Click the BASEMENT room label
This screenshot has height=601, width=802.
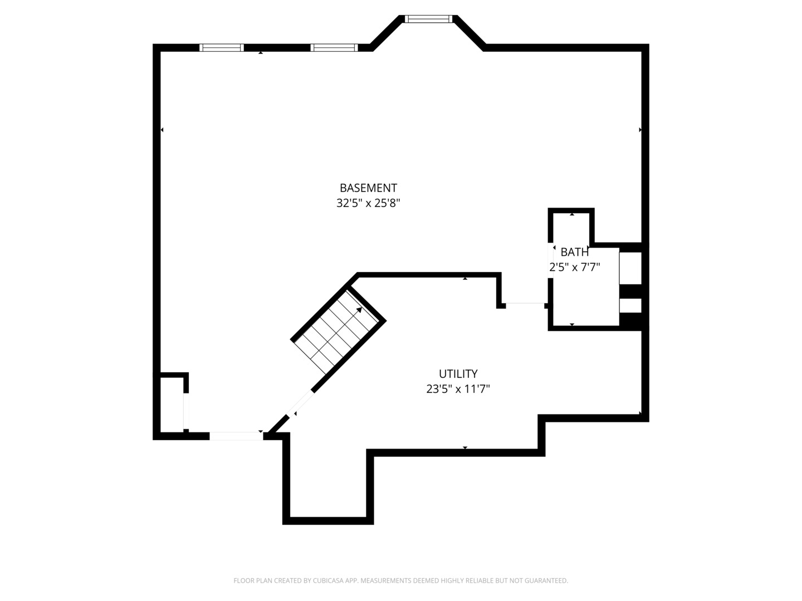(368, 188)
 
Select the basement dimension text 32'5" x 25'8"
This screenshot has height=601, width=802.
(368, 204)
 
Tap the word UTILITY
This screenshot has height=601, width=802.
(458, 374)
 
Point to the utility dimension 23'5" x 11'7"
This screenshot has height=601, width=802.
(458, 390)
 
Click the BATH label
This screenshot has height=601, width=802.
(574, 253)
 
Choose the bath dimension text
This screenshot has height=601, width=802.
(574, 268)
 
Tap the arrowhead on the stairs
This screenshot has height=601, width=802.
(359, 310)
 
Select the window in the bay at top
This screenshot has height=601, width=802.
(428, 19)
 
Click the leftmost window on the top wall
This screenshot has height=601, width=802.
(222, 48)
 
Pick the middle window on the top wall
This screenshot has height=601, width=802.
(333, 48)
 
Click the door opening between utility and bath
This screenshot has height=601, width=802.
(525, 304)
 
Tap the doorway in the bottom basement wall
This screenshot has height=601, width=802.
(236, 436)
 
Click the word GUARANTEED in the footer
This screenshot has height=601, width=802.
(545, 581)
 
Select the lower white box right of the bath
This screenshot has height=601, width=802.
(630, 306)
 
